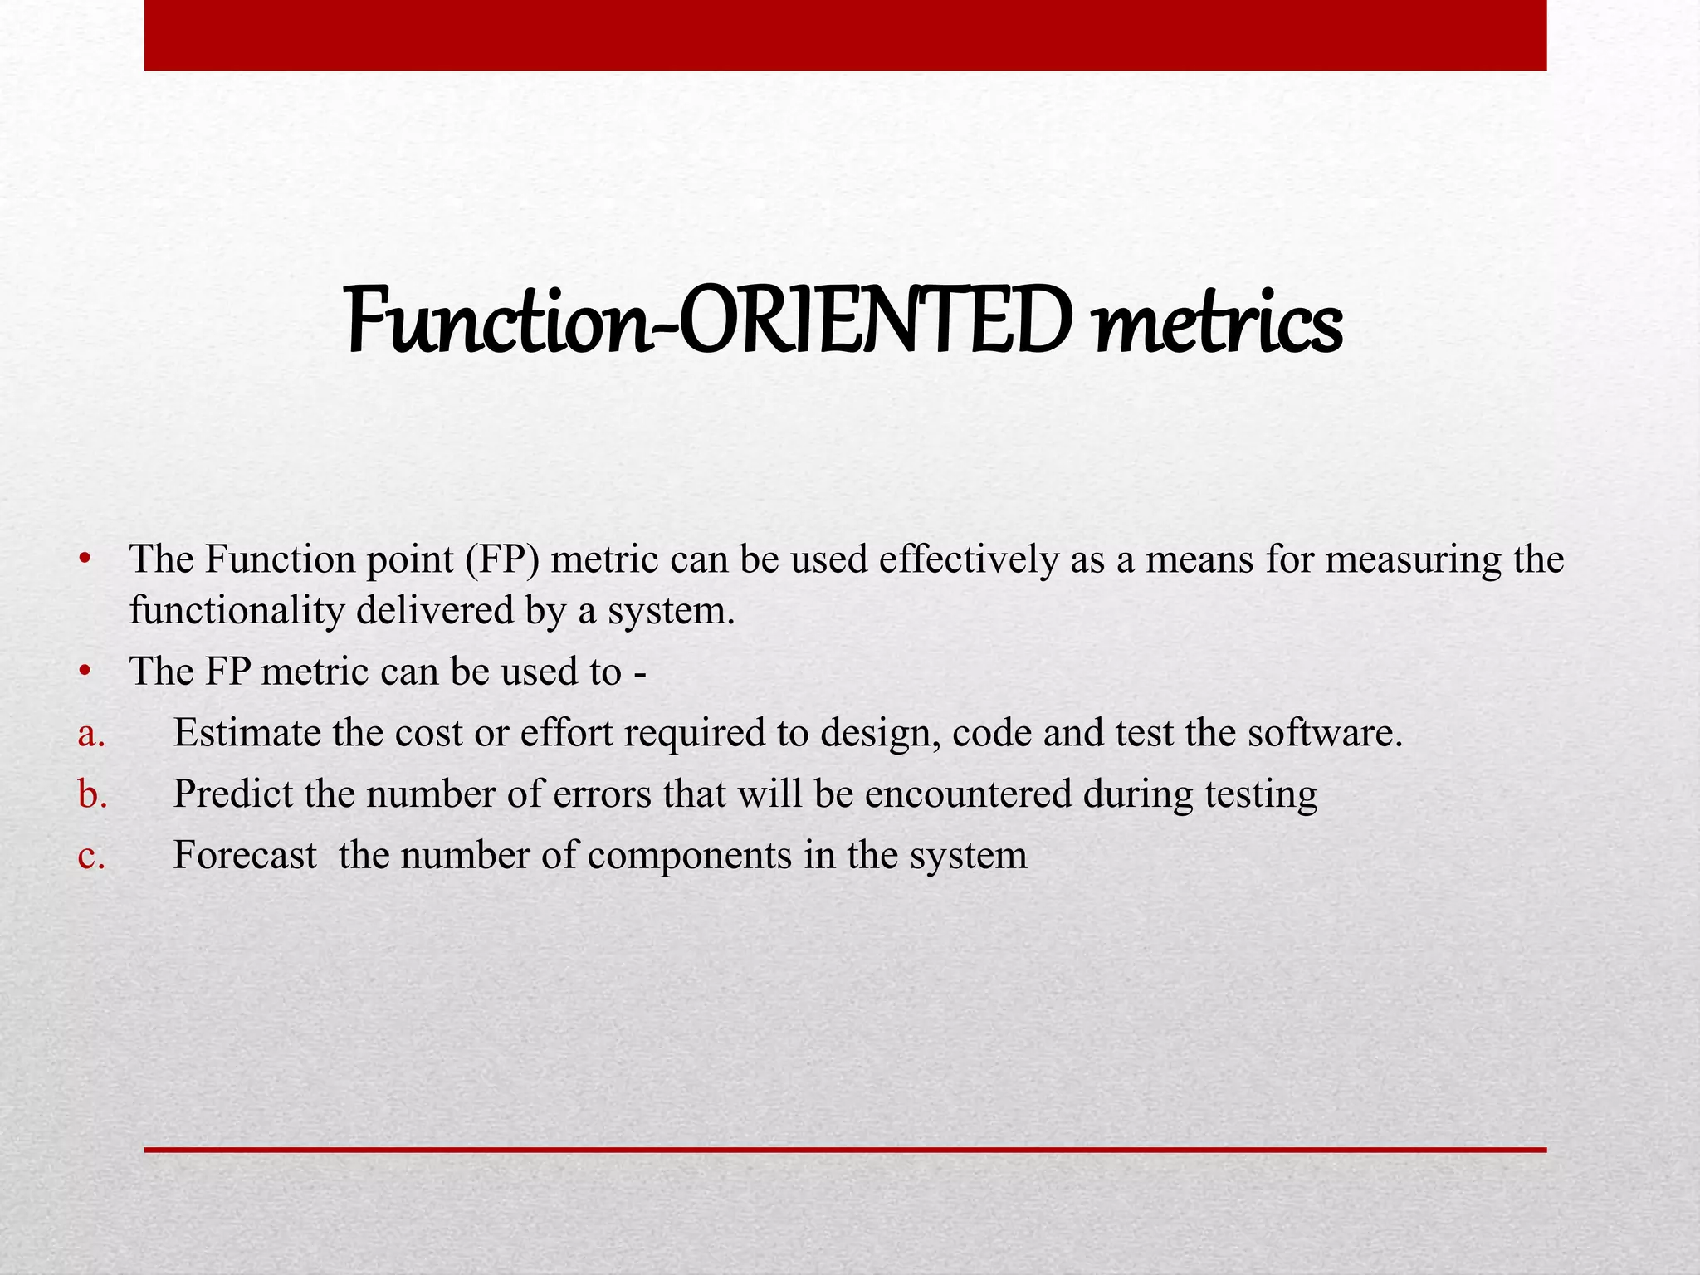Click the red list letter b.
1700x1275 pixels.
(x=92, y=794)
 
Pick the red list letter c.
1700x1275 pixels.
(x=90, y=856)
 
